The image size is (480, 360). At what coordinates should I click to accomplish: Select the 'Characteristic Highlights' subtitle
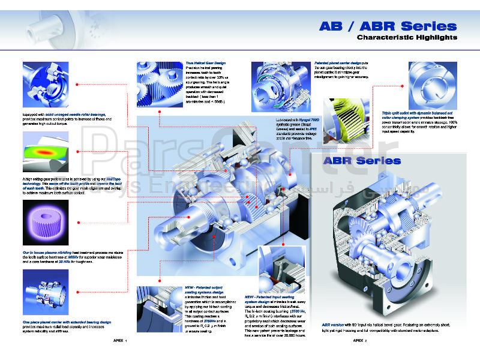click(x=407, y=38)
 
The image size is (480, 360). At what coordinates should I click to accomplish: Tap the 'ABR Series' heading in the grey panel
click(x=362, y=161)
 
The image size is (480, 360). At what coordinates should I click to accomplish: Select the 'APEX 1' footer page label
click(x=120, y=339)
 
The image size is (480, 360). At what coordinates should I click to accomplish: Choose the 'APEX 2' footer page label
click(x=359, y=339)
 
